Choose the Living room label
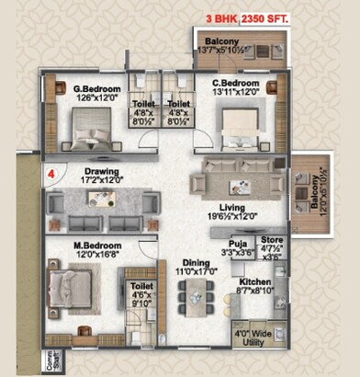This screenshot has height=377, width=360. tap(226, 208)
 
